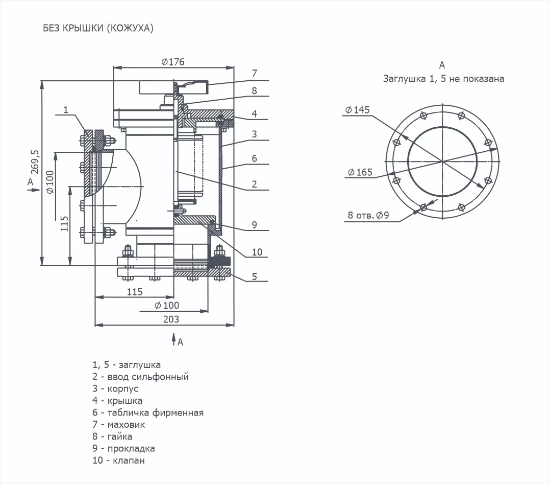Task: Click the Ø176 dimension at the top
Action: [x=172, y=62]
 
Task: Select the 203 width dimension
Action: [x=171, y=319]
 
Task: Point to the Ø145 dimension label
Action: [x=357, y=110]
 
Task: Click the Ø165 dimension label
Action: [x=360, y=172]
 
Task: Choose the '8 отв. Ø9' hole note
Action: [x=368, y=215]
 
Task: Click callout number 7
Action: [x=254, y=73]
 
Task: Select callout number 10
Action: [x=257, y=251]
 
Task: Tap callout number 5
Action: [x=254, y=278]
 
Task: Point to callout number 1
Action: [x=66, y=109]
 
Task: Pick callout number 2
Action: [x=254, y=185]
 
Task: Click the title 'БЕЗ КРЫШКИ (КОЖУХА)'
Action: [x=98, y=29]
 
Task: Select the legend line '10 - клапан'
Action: [x=118, y=460]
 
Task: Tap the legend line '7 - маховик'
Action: [x=118, y=424]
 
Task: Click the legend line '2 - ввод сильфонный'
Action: [x=140, y=377]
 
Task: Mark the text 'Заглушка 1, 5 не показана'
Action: [x=443, y=79]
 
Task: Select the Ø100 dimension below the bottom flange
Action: [x=166, y=305]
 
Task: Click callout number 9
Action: [x=254, y=224]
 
